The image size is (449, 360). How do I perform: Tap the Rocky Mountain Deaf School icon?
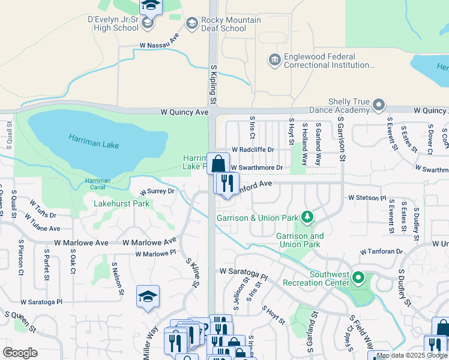pos(192,24)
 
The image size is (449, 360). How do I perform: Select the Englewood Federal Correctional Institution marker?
pos(274,60)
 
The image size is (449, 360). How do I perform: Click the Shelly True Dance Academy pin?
pos(378,105)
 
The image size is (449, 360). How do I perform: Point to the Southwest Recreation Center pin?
pos(358,278)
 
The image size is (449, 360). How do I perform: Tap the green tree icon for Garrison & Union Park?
pos(307,216)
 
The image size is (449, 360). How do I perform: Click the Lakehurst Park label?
pos(121,203)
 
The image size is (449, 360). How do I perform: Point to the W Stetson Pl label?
pos(367,197)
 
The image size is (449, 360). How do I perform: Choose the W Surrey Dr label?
pos(157,191)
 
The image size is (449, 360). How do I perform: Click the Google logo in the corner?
pos(20,353)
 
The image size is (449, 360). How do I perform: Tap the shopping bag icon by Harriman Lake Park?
pos(219,163)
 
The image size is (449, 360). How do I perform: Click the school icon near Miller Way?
pos(148,296)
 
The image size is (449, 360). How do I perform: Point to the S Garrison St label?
pos(342,139)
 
